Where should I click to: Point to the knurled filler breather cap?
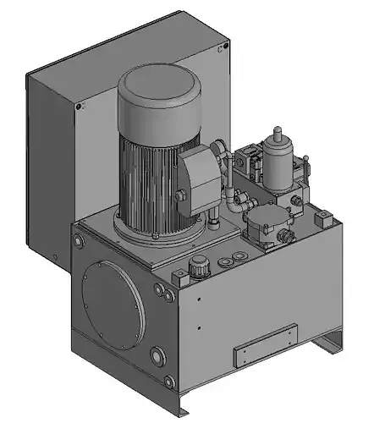point(200,266)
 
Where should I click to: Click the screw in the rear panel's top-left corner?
point(80,107)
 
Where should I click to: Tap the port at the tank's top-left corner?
point(79,242)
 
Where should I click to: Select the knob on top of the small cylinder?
point(278,131)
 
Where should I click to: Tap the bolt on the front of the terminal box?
point(182,197)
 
